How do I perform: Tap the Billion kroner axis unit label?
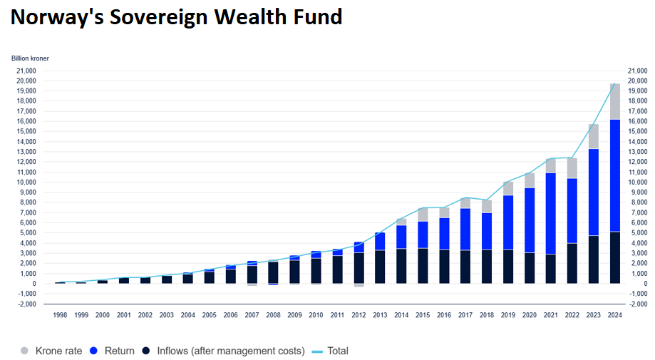click(x=31, y=58)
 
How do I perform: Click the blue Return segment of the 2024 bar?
click(x=614, y=175)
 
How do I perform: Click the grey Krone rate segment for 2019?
click(x=507, y=188)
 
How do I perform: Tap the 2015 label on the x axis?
click(x=423, y=314)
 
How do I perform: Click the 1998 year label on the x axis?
click(x=60, y=314)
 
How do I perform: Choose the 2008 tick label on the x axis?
click(x=273, y=314)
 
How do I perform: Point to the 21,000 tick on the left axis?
click(x=26, y=71)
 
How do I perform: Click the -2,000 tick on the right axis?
click(x=636, y=304)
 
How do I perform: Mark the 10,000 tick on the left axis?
click(x=26, y=182)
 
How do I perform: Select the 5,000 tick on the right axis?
click(x=635, y=232)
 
